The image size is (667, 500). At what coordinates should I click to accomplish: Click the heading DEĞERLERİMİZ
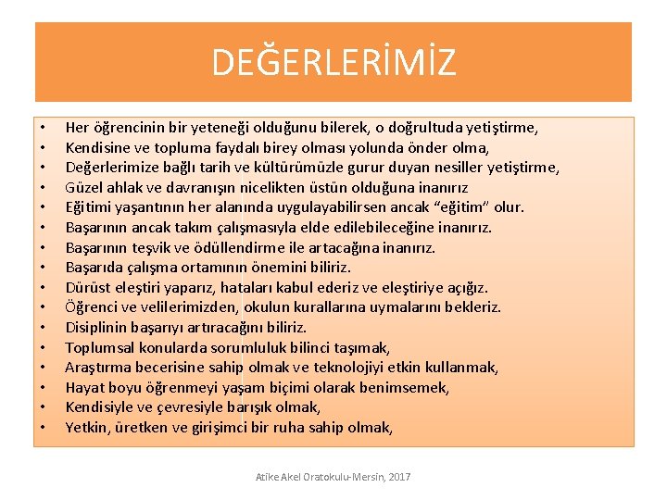pyautogui.click(x=333, y=63)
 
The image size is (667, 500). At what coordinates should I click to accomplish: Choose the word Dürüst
pyautogui.click(x=87, y=287)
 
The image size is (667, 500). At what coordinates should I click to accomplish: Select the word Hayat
pyautogui.click(x=84, y=388)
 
